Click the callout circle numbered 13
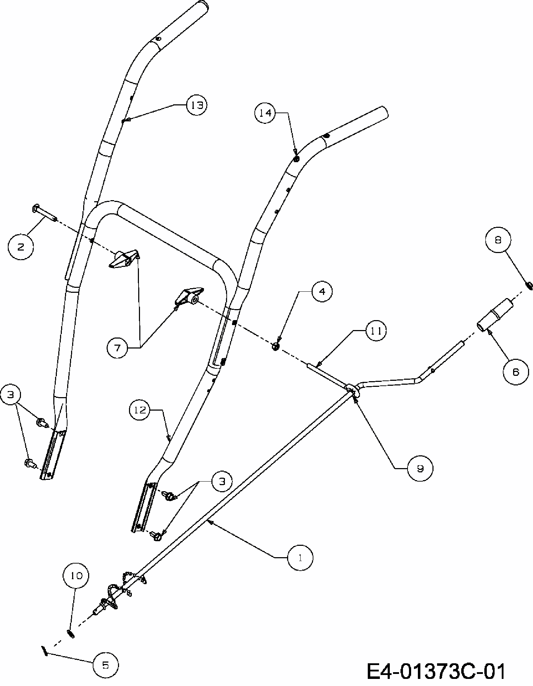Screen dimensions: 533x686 coord(196,105)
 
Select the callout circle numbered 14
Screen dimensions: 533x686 coord(265,113)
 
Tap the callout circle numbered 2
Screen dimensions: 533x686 coord(21,247)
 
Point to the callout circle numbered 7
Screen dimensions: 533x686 coord(118,348)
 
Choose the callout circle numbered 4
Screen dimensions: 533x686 coord(322,291)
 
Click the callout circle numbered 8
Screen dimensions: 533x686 coord(498,240)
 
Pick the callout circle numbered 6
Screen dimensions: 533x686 coord(516,372)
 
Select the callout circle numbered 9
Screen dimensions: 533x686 coord(420,469)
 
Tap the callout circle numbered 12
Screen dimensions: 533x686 coord(140,410)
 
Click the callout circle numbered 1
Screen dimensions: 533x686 coord(300,558)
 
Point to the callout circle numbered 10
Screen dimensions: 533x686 coord(76,575)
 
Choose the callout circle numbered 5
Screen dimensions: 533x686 coord(106,665)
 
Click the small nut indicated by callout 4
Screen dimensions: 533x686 coord(275,346)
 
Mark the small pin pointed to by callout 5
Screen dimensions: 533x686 coord(45,651)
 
